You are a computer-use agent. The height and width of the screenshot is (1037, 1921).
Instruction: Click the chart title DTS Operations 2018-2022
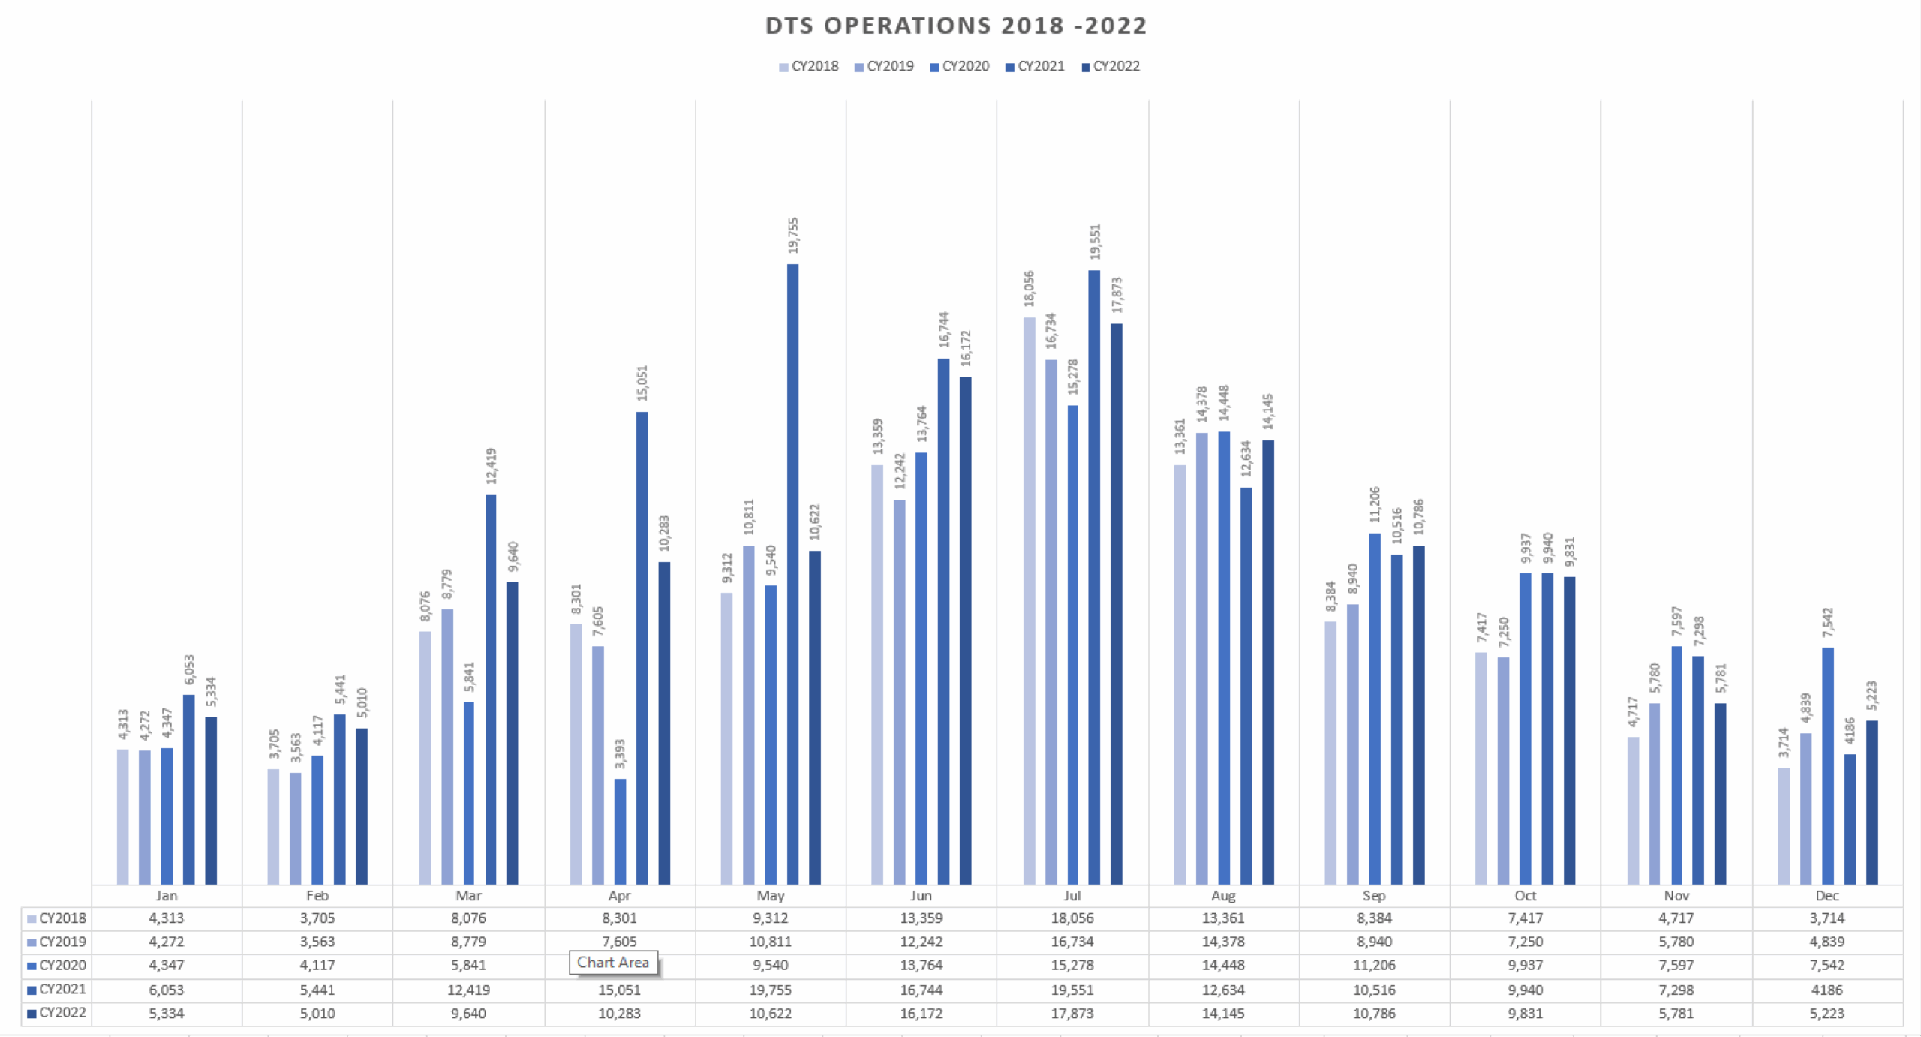click(955, 26)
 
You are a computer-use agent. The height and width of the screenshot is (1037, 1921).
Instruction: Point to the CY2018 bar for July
click(1029, 600)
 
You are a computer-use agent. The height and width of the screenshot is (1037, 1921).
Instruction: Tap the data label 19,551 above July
click(1095, 242)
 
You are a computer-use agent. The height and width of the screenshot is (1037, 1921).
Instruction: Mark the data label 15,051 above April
click(642, 383)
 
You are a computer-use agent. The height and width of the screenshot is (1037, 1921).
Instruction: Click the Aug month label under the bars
click(1223, 896)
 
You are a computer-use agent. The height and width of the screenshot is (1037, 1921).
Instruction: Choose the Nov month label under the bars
click(1676, 896)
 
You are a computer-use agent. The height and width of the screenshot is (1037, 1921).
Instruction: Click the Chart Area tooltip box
click(613, 963)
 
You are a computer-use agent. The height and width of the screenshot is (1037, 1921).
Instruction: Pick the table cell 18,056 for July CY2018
click(1072, 918)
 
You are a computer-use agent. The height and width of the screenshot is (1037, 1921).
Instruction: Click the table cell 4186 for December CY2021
click(1826, 990)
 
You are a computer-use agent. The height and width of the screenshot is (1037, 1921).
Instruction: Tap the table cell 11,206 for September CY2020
click(1374, 966)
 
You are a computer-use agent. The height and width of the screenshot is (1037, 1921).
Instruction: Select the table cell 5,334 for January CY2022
click(166, 1014)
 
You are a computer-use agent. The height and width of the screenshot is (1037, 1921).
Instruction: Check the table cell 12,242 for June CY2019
click(921, 942)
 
